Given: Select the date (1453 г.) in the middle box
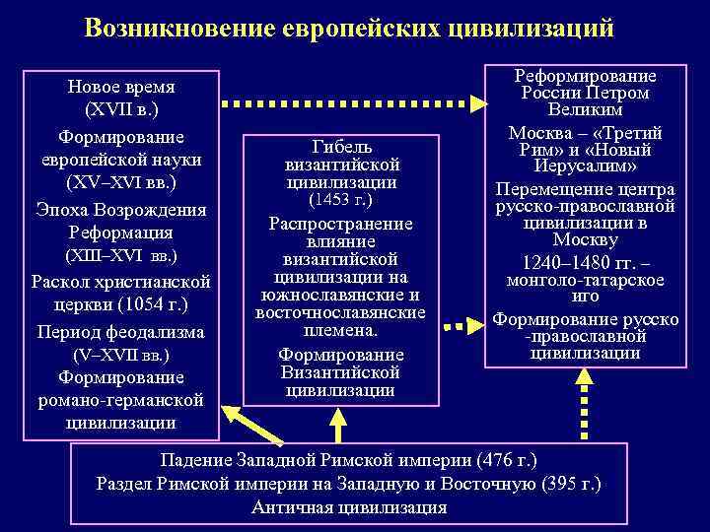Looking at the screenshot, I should click(340, 200).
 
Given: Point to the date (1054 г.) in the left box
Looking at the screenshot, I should click(151, 304).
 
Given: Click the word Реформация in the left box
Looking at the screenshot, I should click(120, 233).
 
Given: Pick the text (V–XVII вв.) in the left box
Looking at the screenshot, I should click(120, 354).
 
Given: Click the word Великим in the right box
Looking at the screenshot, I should click(586, 111).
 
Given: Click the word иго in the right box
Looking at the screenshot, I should click(586, 297).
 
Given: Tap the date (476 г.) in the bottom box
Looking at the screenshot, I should click(507, 460).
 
